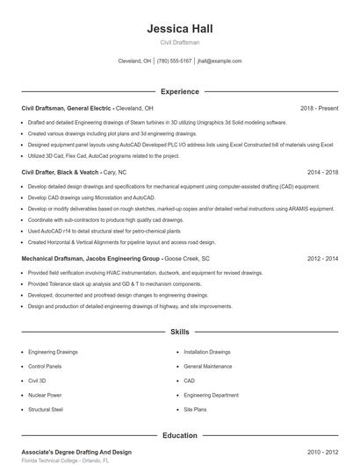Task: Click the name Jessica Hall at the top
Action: click(x=179, y=29)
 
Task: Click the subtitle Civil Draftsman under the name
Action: click(x=179, y=43)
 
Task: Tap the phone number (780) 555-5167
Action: click(x=175, y=61)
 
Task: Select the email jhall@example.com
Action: click(x=220, y=61)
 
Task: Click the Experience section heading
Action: click(x=179, y=91)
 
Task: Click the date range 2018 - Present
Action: click(x=319, y=108)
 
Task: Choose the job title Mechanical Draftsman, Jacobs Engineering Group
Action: click(x=90, y=259)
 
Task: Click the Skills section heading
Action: click(x=179, y=333)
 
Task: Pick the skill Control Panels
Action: click(x=45, y=366)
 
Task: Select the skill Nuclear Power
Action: click(x=45, y=395)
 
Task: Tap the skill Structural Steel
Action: click(x=46, y=409)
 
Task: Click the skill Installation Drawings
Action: click(x=207, y=351)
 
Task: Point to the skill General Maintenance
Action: click(x=208, y=366)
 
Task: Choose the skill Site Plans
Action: click(x=196, y=409)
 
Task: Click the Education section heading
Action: click(x=179, y=435)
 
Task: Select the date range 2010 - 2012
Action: click(x=322, y=452)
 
